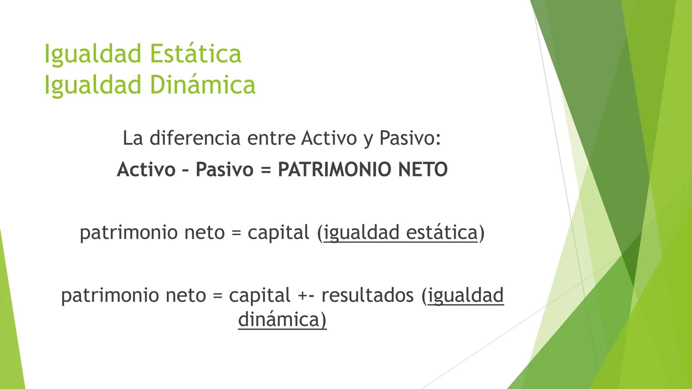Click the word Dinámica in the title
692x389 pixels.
[x=202, y=85]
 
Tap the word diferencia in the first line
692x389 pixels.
[x=195, y=138]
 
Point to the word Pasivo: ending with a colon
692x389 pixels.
[x=410, y=138]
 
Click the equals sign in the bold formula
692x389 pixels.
[x=266, y=170]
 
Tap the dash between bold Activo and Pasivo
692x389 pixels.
[x=185, y=170]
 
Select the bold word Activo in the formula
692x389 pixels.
[x=146, y=169]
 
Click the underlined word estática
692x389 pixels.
[x=442, y=232]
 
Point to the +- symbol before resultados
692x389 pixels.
[x=306, y=296]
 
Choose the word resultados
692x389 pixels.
[x=367, y=295]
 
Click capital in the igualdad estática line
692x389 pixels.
[x=278, y=232]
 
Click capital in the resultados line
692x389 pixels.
[x=259, y=295]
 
